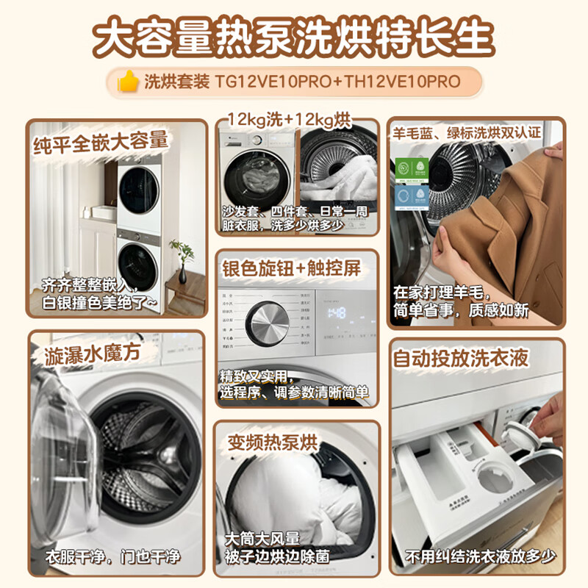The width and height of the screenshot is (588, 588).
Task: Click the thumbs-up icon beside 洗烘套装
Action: pyautogui.click(x=129, y=82)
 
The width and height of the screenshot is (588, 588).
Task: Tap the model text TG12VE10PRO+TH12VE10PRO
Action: pyautogui.click(x=337, y=82)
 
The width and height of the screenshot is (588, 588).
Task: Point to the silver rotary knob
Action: pyautogui.click(x=267, y=323)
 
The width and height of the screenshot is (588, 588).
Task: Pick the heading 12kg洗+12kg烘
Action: pyautogui.click(x=289, y=119)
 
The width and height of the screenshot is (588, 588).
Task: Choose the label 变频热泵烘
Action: pyautogui.click(x=272, y=442)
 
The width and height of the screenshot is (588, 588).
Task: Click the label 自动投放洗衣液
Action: pyautogui.click(x=471, y=359)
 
